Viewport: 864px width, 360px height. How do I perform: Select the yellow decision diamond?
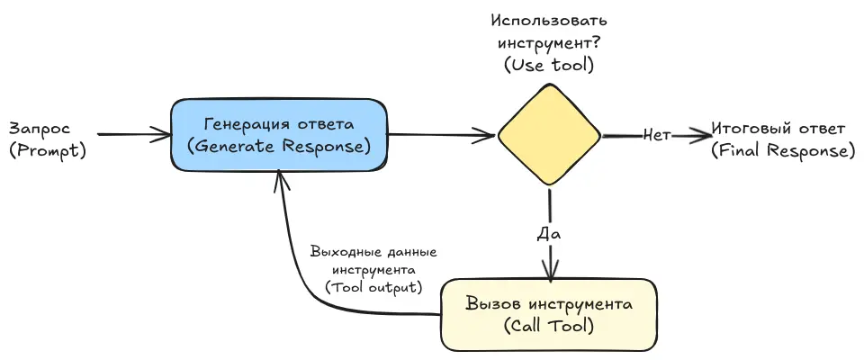coord(549,136)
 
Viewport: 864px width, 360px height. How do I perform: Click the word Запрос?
coord(39,129)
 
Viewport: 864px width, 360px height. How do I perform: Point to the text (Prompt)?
coord(47,150)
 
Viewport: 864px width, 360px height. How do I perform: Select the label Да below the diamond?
coord(549,233)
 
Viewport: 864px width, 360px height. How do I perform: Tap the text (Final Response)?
coord(782,150)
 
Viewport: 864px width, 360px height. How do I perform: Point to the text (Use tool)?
coord(549,65)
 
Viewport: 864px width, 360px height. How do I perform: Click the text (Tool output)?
coord(373,288)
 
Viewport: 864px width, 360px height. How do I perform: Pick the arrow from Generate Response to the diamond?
coord(441,136)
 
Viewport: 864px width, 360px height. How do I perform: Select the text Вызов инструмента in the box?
coord(549,303)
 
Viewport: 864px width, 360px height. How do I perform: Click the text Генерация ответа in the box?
coord(280,123)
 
